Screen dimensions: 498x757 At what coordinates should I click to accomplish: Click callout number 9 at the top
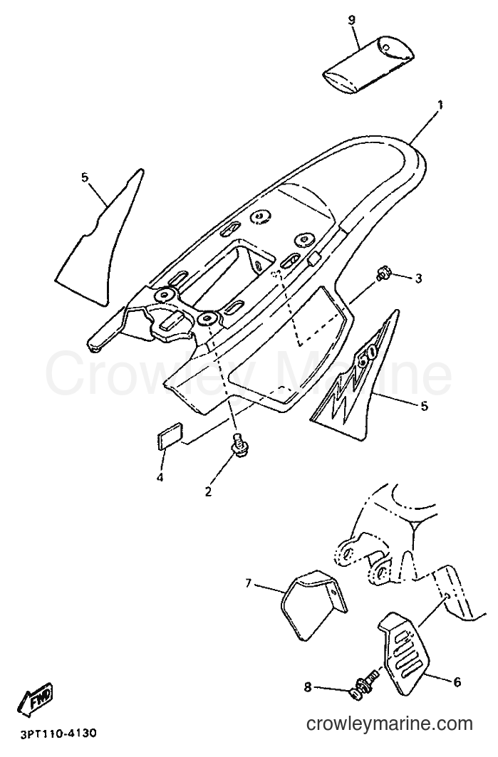(x=351, y=20)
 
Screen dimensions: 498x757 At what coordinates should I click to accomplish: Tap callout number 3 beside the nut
(x=418, y=278)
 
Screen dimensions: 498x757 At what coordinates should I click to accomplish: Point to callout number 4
(x=160, y=477)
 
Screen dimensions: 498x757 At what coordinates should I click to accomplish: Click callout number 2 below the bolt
(x=208, y=491)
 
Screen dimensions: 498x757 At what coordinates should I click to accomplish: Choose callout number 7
(x=249, y=584)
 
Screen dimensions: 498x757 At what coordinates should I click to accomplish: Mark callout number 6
(x=457, y=682)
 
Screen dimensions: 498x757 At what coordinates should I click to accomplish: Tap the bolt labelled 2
(x=237, y=444)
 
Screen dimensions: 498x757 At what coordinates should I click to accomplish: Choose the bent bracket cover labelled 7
(x=314, y=605)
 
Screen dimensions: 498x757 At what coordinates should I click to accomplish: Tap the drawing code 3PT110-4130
(x=58, y=733)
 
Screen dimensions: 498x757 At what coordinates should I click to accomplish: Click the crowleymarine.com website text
(x=390, y=724)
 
